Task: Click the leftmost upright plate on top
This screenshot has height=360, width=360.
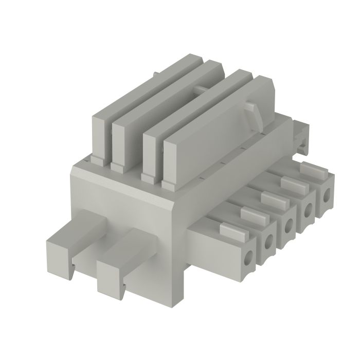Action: (x=100, y=134)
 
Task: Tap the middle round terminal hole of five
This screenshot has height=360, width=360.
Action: (x=289, y=224)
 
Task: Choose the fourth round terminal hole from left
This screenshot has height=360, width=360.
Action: (x=308, y=210)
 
